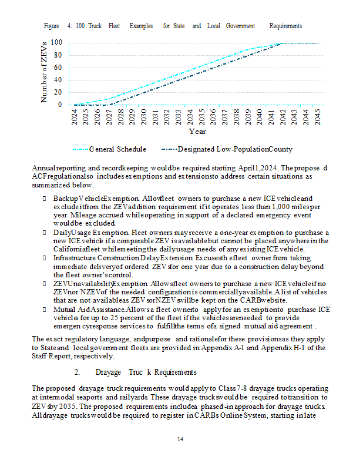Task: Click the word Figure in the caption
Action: [52, 26]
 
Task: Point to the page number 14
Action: [181, 439]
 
